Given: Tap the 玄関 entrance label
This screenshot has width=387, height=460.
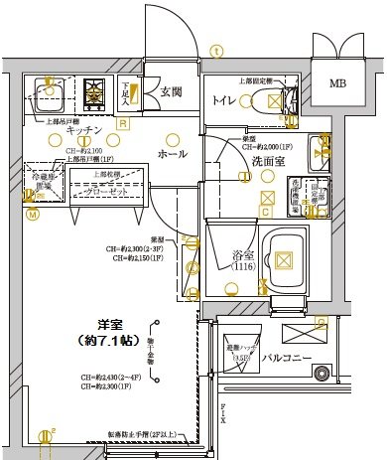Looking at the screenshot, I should click(x=170, y=92).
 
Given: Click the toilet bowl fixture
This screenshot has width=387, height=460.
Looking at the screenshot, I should click(x=270, y=100).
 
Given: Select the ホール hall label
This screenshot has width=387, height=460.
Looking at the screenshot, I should click(x=172, y=154).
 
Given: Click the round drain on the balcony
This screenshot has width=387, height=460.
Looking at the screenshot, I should click(x=320, y=374).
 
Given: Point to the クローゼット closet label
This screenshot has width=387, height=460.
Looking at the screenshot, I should click(x=101, y=191).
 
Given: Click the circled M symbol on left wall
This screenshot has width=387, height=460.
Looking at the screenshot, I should click(x=32, y=213).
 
